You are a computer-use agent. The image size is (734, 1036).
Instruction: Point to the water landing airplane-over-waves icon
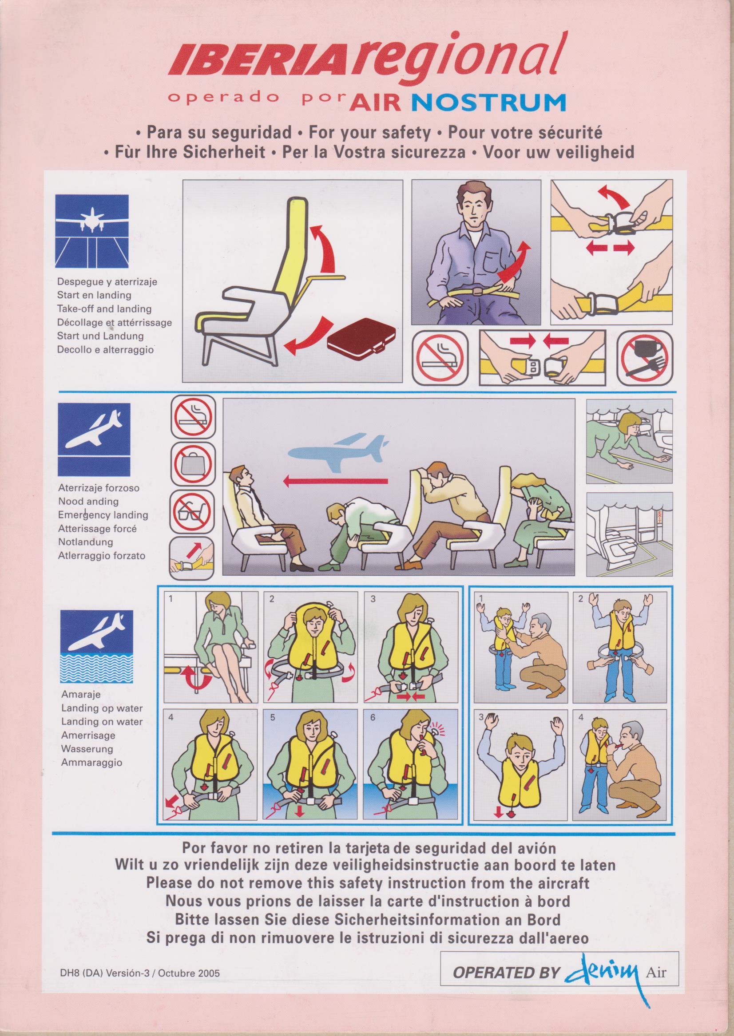pos(98,783)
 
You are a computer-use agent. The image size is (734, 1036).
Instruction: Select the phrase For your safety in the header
pos(370,133)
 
